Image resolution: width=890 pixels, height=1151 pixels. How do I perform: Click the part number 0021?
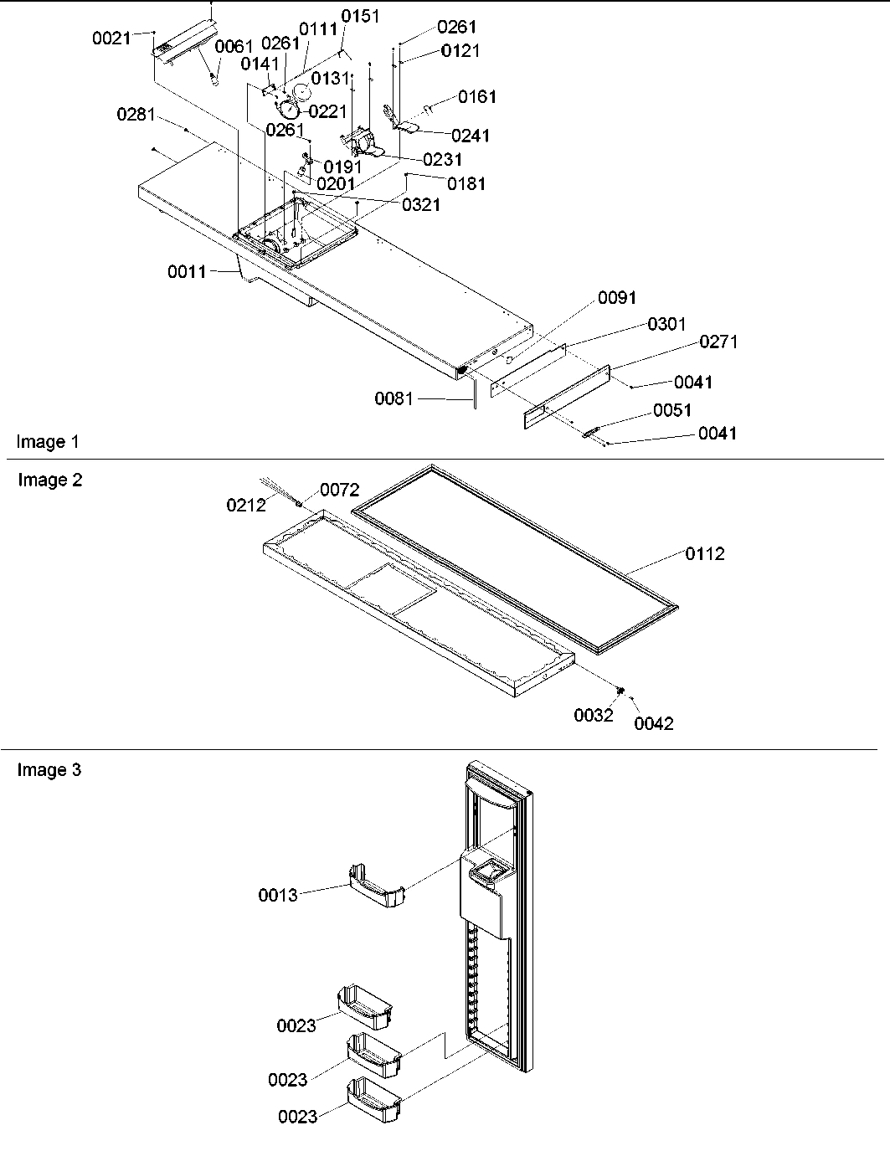[111, 38]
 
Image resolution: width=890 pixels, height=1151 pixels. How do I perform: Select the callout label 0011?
[187, 271]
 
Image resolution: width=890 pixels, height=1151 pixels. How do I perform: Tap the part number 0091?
[616, 298]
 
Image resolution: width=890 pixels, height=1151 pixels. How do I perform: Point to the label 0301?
[666, 324]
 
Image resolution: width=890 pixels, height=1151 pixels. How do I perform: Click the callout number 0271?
[718, 342]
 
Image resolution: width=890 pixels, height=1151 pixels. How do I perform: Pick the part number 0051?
[672, 410]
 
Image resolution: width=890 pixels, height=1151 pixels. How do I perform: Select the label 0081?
[394, 399]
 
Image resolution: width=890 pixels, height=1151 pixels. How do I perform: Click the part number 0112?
[705, 553]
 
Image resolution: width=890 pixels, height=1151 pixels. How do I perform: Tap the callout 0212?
[246, 505]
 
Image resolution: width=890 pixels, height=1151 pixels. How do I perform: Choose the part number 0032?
[594, 716]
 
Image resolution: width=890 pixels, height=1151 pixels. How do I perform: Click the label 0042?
[653, 724]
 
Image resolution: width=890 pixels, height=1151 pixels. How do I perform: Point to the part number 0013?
[277, 896]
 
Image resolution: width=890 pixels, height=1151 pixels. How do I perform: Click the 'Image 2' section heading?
[50, 480]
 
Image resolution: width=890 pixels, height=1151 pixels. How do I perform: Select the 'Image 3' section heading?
[49, 770]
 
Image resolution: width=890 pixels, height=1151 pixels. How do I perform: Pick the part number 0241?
[471, 136]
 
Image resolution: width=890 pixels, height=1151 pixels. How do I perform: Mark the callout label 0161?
[477, 97]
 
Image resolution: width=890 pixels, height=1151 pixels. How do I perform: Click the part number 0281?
[136, 115]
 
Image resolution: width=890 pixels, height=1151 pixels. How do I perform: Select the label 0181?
[466, 183]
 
